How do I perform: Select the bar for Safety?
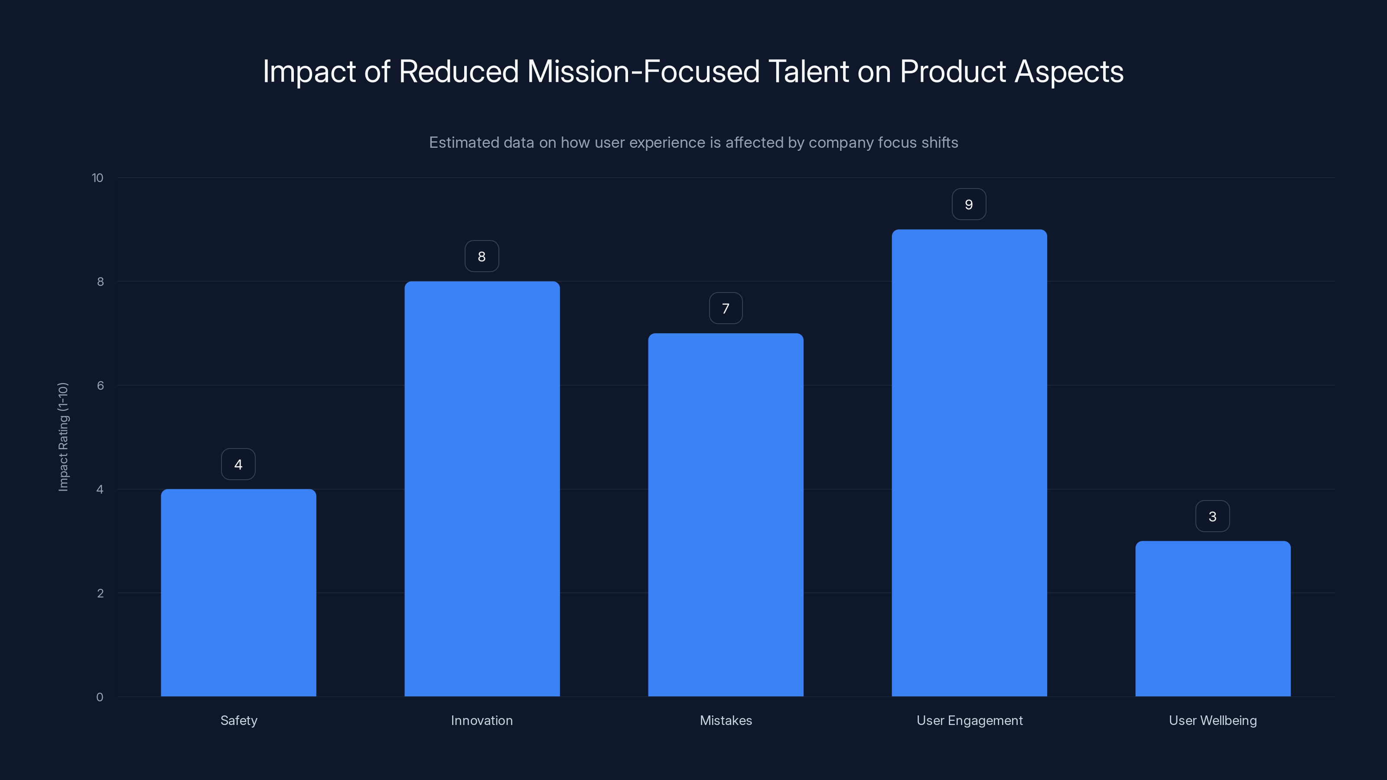[238, 592]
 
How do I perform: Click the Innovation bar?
[482, 489]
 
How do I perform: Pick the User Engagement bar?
[969, 463]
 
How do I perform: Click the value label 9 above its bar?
[969, 205]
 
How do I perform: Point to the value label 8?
[482, 256]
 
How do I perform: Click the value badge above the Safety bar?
[238, 464]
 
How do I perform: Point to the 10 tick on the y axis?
[98, 178]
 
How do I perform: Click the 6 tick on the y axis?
[100, 385]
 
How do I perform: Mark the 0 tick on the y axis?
[100, 697]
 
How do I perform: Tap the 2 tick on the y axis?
[100, 593]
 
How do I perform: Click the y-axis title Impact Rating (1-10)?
[63, 436]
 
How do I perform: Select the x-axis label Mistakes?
[726, 720]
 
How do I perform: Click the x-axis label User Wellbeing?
[1213, 720]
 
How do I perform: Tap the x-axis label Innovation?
[482, 720]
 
